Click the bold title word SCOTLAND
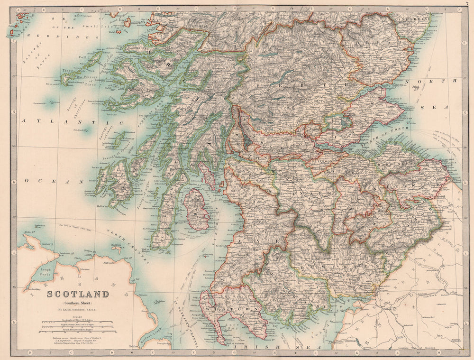pyautogui.click(x=78, y=294)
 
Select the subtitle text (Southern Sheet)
pyautogui.click(x=78, y=302)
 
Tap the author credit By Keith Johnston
pyautogui.click(x=78, y=308)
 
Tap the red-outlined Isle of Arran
pyautogui.click(x=197, y=209)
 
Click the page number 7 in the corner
pyautogui.click(x=467, y=3)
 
